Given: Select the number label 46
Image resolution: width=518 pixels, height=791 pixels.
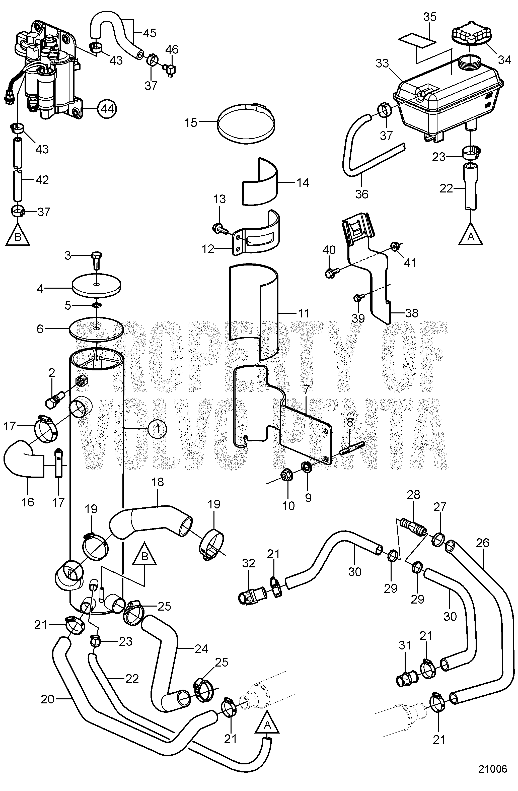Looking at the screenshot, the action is (x=172, y=49).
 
